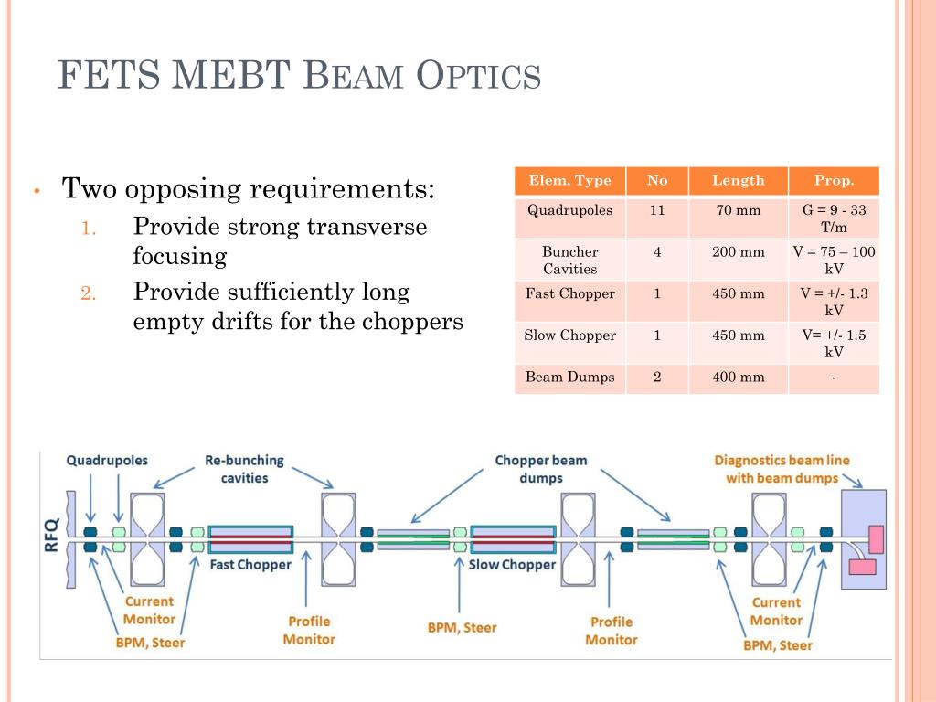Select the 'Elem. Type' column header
click(x=569, y=180)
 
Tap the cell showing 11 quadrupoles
click(x=656, y=210)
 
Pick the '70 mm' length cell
click(x=738, y=210)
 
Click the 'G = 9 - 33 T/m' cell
click(x=834, y=218)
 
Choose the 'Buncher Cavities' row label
click(x=569, y=260)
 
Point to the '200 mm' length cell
click(x=738, y=251)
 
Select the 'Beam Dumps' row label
click(x=569, y=377)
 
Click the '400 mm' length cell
click(x=738, y=377)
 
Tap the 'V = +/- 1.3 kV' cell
click(x=834, y=302)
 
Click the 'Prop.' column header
click(x=834, y=180)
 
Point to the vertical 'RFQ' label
click(x=51, y=536)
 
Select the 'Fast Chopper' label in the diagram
click(x=250, y=564)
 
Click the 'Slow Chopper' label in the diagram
click(x=512, y=565)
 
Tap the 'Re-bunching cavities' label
click(x=244, y=469)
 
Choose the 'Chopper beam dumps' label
click(x=541, y=469)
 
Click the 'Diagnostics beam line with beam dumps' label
click(x=782, y=469)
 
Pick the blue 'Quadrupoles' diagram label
click(x=107, y=461)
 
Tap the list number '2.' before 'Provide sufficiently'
click(x=88, y=293)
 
